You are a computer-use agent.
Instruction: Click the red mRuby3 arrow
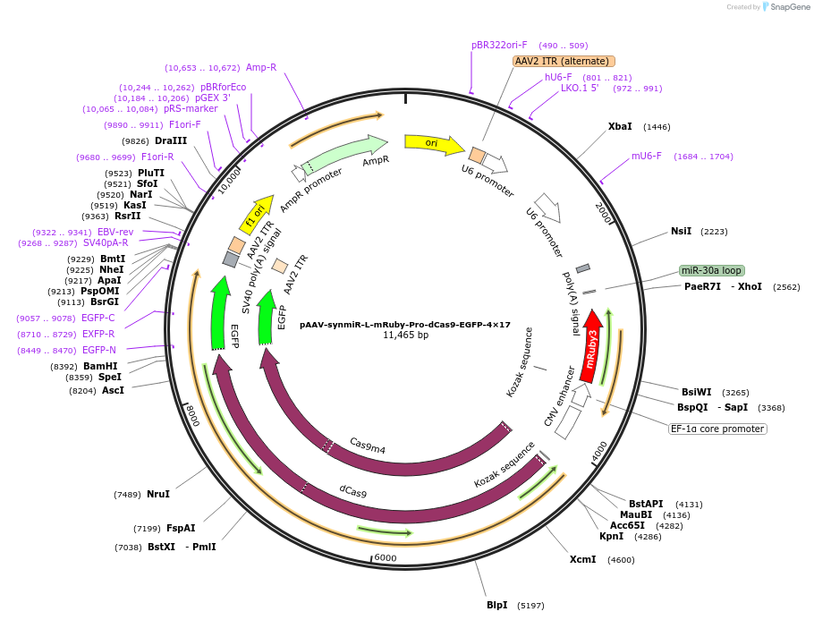[x=590, y=345]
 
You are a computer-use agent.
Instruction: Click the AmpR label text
[x=376, y=161]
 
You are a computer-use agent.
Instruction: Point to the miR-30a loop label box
[x=711, y=270]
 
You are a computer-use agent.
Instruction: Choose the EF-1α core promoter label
[x=718, y=429]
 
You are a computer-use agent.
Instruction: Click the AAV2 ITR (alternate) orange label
[x=564, y=61]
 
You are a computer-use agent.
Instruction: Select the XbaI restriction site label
[x=620, y=127]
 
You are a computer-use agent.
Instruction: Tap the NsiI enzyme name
[x=681, y=231]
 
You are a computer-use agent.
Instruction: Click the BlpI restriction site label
[x=496, y=606]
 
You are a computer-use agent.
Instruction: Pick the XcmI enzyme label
[x=582, y=560]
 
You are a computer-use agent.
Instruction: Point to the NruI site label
[x=158, y=494]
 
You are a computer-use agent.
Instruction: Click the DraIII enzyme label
[x=171, y=140]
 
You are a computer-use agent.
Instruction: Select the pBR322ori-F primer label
[x=499, y=45]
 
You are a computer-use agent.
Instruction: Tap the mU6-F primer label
[x=647, y=156]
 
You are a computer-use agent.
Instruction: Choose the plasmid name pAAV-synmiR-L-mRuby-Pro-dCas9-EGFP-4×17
[x=405, y=325]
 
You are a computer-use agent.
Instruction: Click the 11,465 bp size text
[x=405, y=335]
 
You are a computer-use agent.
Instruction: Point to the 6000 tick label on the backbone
[x=385, y=557]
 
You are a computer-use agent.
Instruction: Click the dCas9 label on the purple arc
[x=352, y=491]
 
